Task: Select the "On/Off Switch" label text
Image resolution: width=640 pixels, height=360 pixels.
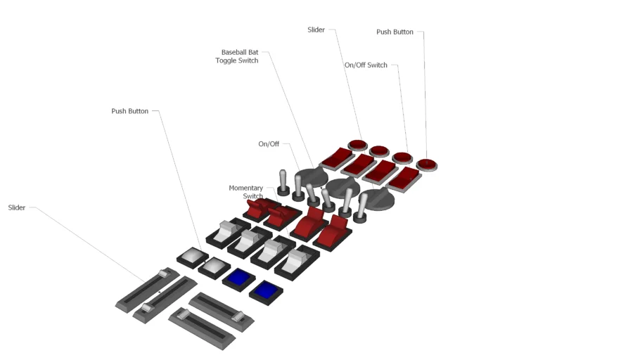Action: point(366,65)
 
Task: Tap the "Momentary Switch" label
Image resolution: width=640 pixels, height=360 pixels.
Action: point(246,192)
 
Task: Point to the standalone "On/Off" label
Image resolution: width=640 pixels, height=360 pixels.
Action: point(269,144)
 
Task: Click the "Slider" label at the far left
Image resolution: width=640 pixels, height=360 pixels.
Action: point(17,208)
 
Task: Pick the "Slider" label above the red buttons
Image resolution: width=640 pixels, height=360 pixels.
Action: point(316,30)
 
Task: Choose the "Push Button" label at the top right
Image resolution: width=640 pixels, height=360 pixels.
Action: point(395,32)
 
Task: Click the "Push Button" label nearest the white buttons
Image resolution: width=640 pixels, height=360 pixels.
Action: point(129,111)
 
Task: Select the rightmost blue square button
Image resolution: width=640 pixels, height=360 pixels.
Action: point(266,289)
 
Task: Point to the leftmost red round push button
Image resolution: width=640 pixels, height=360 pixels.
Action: point(357,146)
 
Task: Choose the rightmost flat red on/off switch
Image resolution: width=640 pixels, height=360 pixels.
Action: point(404,179)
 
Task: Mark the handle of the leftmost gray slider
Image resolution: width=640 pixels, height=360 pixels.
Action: point(165,274)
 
